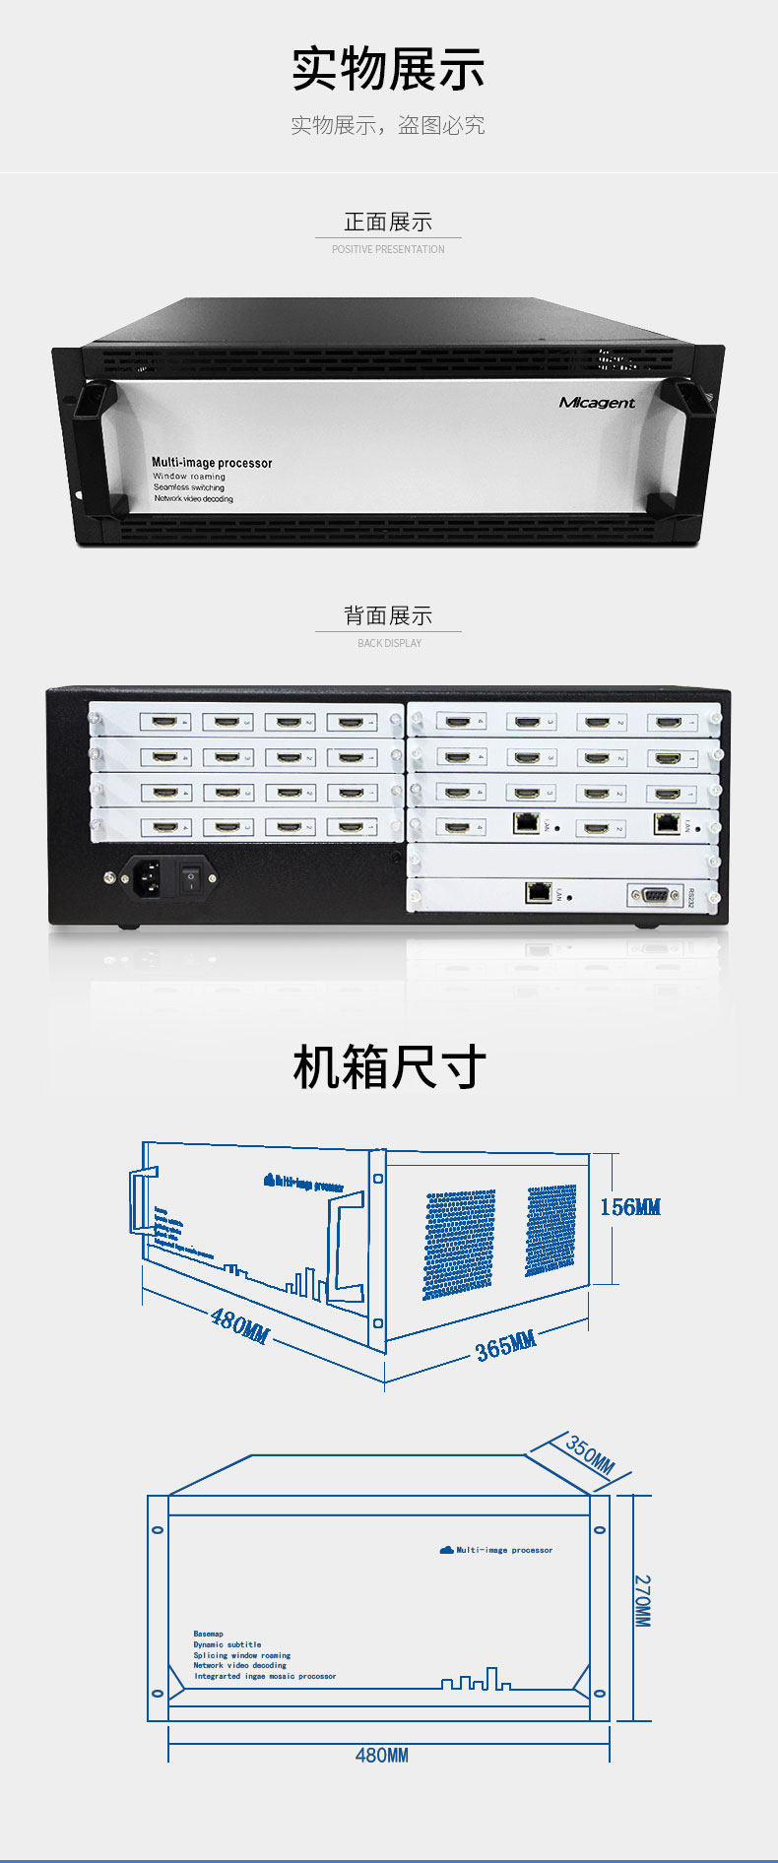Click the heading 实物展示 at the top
click(x=388, y=69)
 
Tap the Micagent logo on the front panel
click(x=597, y=402)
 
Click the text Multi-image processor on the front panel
click(x=212, y=462)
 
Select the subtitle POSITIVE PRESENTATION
click(x=388, y=250)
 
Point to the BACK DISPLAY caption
click(x=389, y=643)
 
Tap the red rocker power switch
click(x=190, y=875)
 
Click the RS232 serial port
click(x=655, y=894)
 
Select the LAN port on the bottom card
click(x=538, y=892)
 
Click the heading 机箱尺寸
click(x=389, y=1067)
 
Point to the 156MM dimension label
click(x=630, y=1207)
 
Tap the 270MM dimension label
click(x=642, y=1600)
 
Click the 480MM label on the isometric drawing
click(x=239, y=1324)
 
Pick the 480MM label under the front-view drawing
click(x=381, y=1755)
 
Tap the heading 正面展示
click(x=388, y=222)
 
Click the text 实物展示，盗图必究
click(x=388, y=125)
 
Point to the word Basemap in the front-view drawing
click(x=208, y=1633)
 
